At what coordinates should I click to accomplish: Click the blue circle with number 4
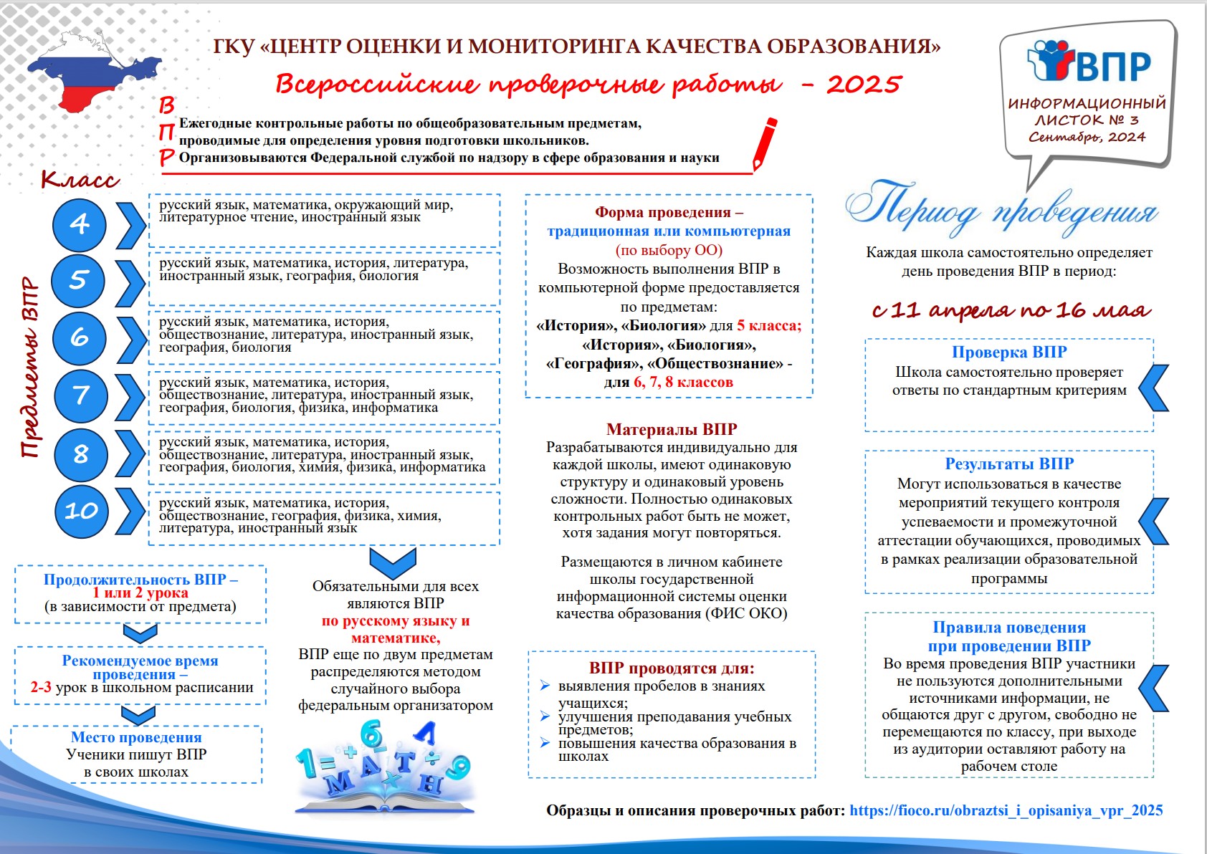(80, 225)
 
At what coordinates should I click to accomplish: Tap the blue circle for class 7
(81, 395)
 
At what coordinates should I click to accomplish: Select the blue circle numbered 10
(81, 511)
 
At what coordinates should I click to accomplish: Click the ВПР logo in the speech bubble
(1089, 63)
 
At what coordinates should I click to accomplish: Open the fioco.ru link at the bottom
(1006, 810)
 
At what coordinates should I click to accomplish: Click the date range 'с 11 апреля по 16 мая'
(1011, 310)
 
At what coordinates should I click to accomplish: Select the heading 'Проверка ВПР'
(1009, 352)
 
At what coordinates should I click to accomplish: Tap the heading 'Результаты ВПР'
(1009, 464)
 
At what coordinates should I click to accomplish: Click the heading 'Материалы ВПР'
(672, 429)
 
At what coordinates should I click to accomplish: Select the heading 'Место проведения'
(136, 737)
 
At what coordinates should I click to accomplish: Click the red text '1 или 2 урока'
(140, 592)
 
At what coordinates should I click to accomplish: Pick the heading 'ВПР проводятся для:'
(672, 668)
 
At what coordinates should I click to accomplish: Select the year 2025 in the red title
(864, 85)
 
